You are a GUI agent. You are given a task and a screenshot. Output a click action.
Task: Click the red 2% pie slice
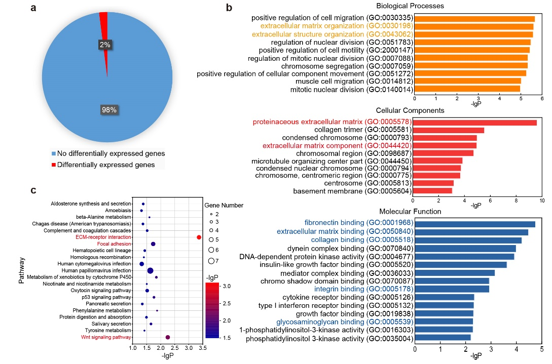[104, 30]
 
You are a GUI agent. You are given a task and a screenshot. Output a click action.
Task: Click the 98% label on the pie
[109, 110]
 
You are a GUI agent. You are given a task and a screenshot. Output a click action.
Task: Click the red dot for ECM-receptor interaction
[199, 237]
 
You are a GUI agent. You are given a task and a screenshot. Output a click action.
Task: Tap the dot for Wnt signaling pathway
[168, 337]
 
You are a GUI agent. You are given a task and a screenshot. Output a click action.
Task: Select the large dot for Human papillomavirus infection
[150, 270]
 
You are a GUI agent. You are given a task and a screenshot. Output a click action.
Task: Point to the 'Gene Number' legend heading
[224, 206]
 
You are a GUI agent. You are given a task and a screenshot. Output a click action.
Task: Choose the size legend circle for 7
[211, 261]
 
